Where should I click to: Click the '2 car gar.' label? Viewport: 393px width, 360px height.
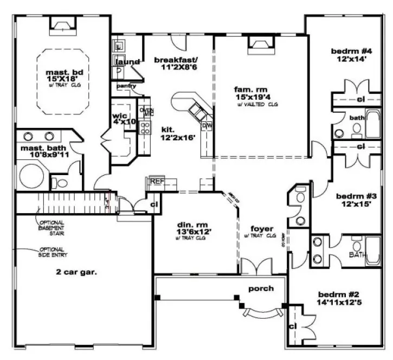pyautogui.click(x=76, y=273)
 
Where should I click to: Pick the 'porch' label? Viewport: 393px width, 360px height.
pyautogui.click(x=261, y=288)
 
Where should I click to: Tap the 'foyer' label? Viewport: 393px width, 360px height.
pyautogui.click(x=262, y=228)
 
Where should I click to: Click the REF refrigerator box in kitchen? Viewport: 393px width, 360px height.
pyautogui.click(x=157, y=181)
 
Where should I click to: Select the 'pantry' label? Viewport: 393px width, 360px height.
pyautogui.click(x=125, y=86)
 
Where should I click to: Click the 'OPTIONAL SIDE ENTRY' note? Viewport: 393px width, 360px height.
pyautogui.click(x=52, y=252)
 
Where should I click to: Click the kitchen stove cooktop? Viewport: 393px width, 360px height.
pyautogui.click(x=145, y=127)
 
